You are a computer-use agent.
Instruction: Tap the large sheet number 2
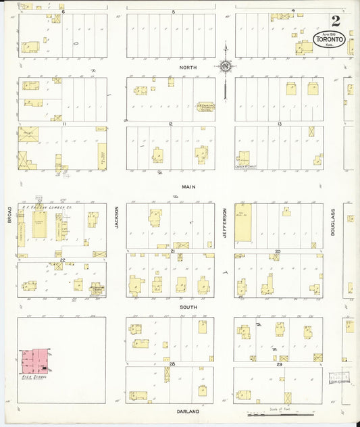335,20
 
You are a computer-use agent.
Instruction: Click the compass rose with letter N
225,66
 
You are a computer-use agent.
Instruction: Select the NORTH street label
187,68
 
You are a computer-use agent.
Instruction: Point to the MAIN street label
188,186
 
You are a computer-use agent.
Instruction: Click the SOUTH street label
188,307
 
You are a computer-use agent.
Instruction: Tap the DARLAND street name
188,411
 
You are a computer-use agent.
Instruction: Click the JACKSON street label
116,217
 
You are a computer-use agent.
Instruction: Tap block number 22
62,259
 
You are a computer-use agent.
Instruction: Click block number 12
171,124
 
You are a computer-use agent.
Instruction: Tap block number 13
279,124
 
